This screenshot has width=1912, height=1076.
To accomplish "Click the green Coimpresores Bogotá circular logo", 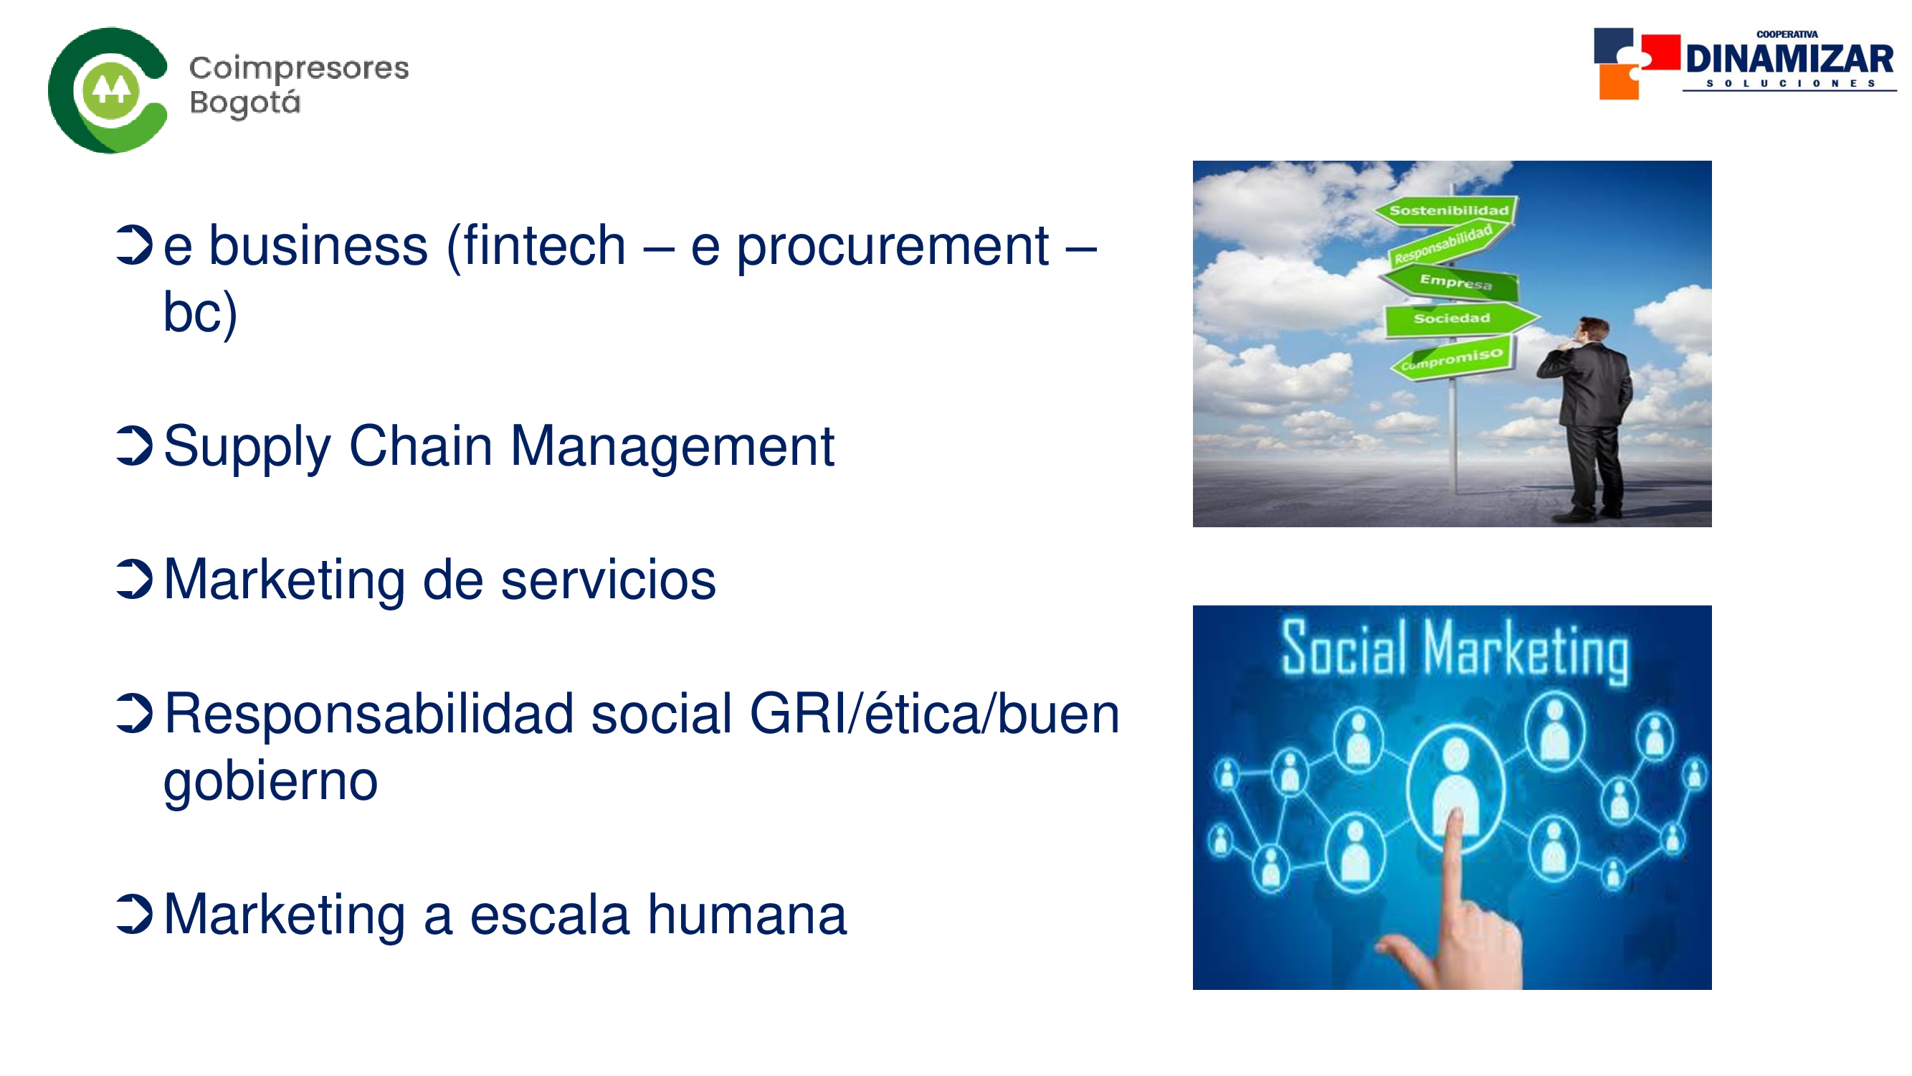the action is tap(108, 90).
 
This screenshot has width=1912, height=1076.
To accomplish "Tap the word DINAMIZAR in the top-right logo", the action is tap(1789, 58).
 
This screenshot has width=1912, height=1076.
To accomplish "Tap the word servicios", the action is tap(609, 580).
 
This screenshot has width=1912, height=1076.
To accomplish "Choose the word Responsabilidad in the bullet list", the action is tap(369, 714).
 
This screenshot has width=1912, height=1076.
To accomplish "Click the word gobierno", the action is tap(271, 782).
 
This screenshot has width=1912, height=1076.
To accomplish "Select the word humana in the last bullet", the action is tap(748, 915).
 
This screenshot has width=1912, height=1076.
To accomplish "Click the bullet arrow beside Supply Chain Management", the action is tap(134, 446).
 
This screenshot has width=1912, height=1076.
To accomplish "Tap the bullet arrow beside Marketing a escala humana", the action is tap(134, 914).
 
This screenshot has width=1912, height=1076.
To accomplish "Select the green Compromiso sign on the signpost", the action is tap(1452, 359).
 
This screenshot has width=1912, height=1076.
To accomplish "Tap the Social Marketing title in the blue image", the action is tap(1455, 651).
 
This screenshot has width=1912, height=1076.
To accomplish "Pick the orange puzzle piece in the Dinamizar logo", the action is tap(1618, 82).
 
